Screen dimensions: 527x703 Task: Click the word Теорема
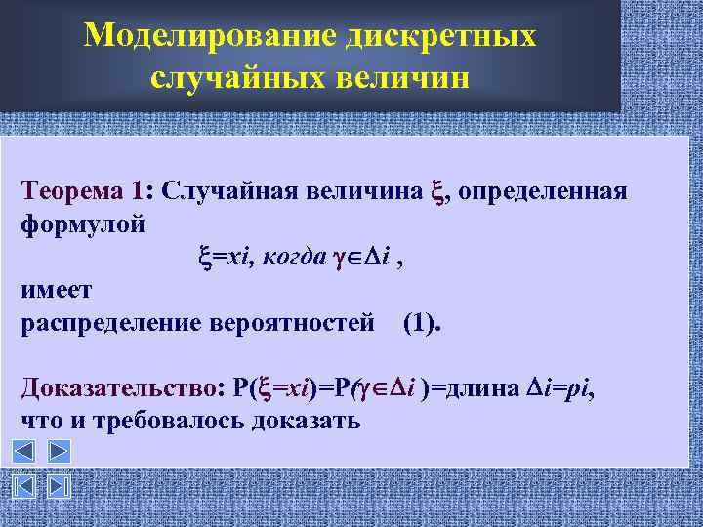tap(74, 189)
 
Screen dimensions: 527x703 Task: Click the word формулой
tap(83, 223)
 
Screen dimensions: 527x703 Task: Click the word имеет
tap(56, 290)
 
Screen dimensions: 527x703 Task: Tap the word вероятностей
tap(292, 323)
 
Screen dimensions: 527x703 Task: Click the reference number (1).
tap(422, 323)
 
